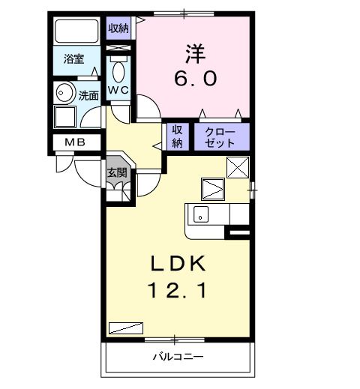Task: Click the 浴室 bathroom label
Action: [73, 58]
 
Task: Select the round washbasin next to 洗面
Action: [64, 94]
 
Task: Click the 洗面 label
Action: [88, 95]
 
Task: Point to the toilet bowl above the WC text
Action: [118, 72]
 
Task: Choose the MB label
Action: [73, 142]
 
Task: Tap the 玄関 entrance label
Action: [115, 172]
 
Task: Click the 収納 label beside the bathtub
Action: [118, 29]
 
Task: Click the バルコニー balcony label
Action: [178, 356]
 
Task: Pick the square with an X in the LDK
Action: [238, 169]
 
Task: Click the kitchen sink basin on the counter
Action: [201, 214]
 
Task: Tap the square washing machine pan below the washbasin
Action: [64, 117]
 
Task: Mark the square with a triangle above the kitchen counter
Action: [212, 188]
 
